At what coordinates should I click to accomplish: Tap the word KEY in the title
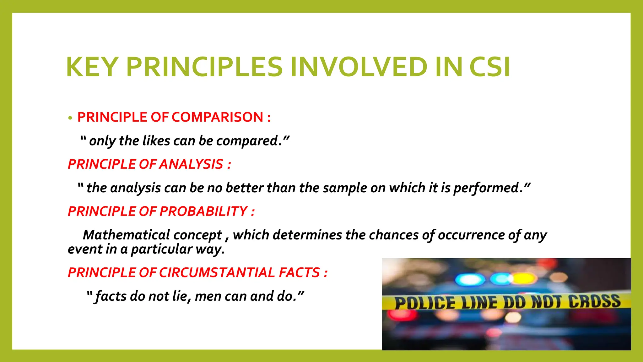click(92, 67)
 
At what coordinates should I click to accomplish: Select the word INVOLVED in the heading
click(359, 67)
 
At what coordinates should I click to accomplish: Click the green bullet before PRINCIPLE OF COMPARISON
click(70, 118)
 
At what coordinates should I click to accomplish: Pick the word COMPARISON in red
click(217, 117)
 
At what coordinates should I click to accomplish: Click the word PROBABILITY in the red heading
click(203, 211)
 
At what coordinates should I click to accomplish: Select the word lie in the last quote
click(181, 296)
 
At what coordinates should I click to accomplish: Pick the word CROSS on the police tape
click(595, 301)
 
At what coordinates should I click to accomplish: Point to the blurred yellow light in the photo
click(525, 278)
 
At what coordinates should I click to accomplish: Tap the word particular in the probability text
click(161, 249)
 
